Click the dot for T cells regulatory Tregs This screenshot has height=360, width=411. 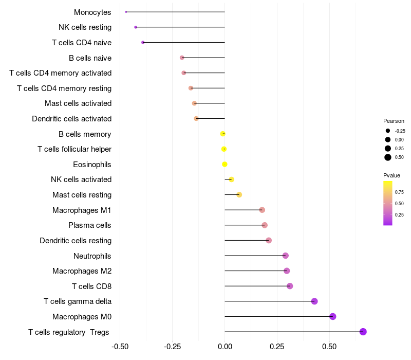click(363, 332)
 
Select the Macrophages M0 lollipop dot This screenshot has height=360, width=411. click(333, 316)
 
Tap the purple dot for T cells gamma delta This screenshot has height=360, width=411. click(314, 301)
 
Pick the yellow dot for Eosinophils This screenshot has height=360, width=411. click(225, 165)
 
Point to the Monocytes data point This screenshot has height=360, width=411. click(126, 12)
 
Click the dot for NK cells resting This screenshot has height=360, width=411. click(136, 27)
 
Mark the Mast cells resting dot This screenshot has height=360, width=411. click(239, 194)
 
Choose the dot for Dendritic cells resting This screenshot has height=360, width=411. click(269, 240)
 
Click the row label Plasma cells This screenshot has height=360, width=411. click(90, 225)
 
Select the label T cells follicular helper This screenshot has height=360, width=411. click(74, 149)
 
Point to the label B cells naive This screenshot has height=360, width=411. click(90, 58)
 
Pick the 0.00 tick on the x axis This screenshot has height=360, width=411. click(225, 347)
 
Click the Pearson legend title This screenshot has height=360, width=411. click(394, 121)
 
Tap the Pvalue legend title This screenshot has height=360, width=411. click(392, 175)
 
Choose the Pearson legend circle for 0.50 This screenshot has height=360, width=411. click(388, 157)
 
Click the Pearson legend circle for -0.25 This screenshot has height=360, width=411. click(388, 131)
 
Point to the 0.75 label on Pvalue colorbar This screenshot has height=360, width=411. click(399, 192)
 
